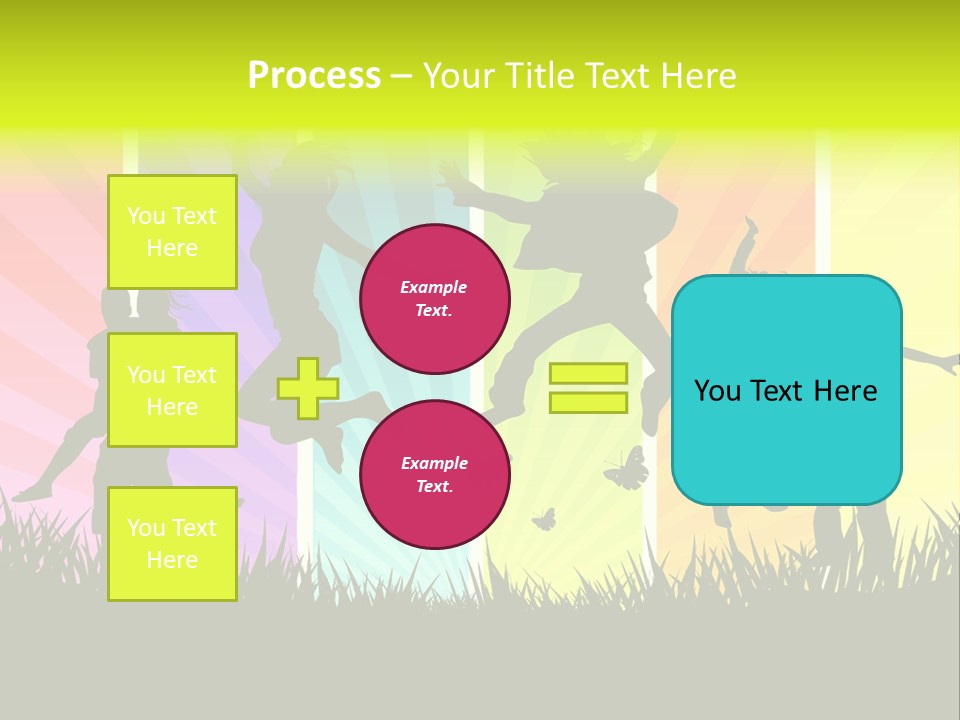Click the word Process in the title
[x=314, y=76]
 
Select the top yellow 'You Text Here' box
[x=172, y=232]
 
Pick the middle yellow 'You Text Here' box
[x=172, y=390]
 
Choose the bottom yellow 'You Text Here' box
[x=172, y=544]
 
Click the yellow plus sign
[x=308, y=388]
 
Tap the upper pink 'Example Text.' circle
[x=434, y=298]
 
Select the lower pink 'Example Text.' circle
[x=434, y=474]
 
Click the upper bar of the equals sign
[x=588, y=373]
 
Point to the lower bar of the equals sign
[x=588, y=402]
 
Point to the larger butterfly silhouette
[x=626, y=469]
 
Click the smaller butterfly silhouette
[x=543, y=519]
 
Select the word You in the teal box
[x=717, y=391]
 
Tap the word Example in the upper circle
[x=434, y=287]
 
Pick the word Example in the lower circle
[x=434, y=463]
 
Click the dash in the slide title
[x=401, y=76]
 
